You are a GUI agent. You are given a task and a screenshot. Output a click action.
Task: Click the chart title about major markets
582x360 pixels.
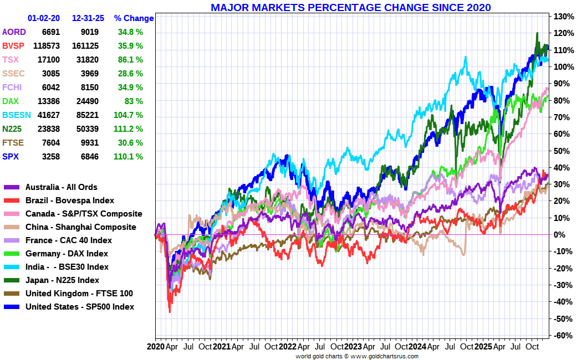[x=350, y=7]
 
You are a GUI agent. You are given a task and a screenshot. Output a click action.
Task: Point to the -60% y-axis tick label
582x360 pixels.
[x=562, y=336]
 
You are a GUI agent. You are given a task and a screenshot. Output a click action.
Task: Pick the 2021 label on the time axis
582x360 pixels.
[x=222, y=347]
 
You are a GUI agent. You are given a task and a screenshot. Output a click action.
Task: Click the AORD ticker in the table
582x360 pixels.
[x=14, y=32]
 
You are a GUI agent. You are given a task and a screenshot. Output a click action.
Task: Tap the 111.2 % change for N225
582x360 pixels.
[x=130, y=129]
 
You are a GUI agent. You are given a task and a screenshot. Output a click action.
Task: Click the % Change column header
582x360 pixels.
[x=134, y=18]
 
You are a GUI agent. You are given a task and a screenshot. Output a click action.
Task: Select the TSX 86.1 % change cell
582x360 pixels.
[x=130, y=60]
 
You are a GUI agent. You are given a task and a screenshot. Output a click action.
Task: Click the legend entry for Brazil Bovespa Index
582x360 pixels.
[x=70, y=200]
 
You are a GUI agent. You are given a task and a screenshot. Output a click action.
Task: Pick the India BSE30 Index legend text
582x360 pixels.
[x=67, y=267]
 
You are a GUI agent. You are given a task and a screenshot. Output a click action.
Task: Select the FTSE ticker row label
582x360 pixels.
[x=13, y=143]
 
